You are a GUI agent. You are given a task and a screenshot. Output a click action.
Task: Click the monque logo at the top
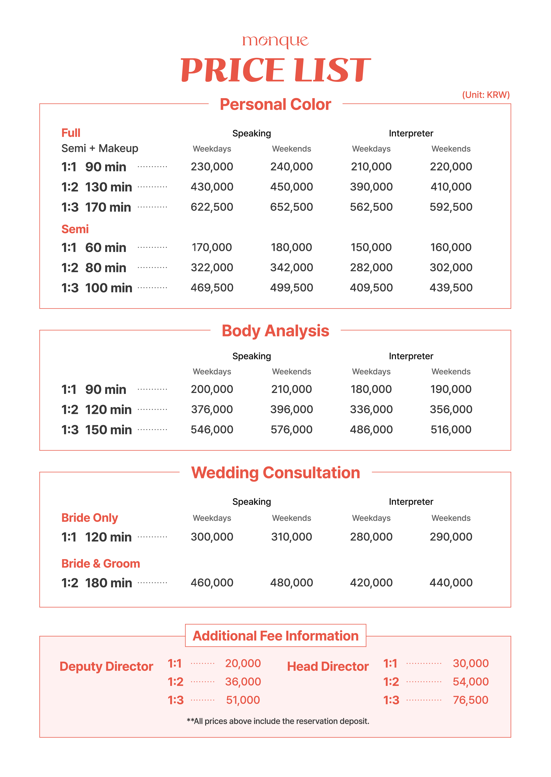click(275, 41)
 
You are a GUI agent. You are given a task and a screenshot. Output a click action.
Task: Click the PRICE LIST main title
click(275, 70)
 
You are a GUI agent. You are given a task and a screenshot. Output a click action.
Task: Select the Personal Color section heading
click(275, 104)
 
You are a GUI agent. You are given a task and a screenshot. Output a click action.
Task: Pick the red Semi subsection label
click(75, 229)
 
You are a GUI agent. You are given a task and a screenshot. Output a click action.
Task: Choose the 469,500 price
click(212, 288)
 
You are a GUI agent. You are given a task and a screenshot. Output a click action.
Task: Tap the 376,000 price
click(212, 409)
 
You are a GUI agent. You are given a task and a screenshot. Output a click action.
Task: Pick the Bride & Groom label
click(101, 564)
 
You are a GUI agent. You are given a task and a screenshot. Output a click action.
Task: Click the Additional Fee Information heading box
click(275, 636)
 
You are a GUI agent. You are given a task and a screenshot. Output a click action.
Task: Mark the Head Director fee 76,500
click(470, 700)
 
